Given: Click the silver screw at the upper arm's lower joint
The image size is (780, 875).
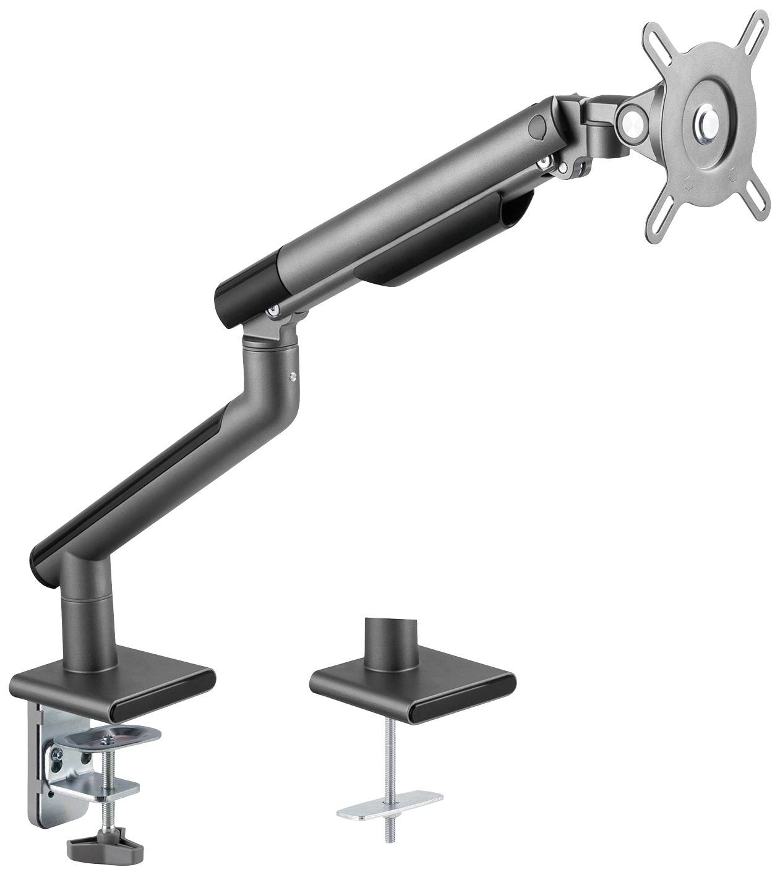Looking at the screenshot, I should click(x=272, y=314).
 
